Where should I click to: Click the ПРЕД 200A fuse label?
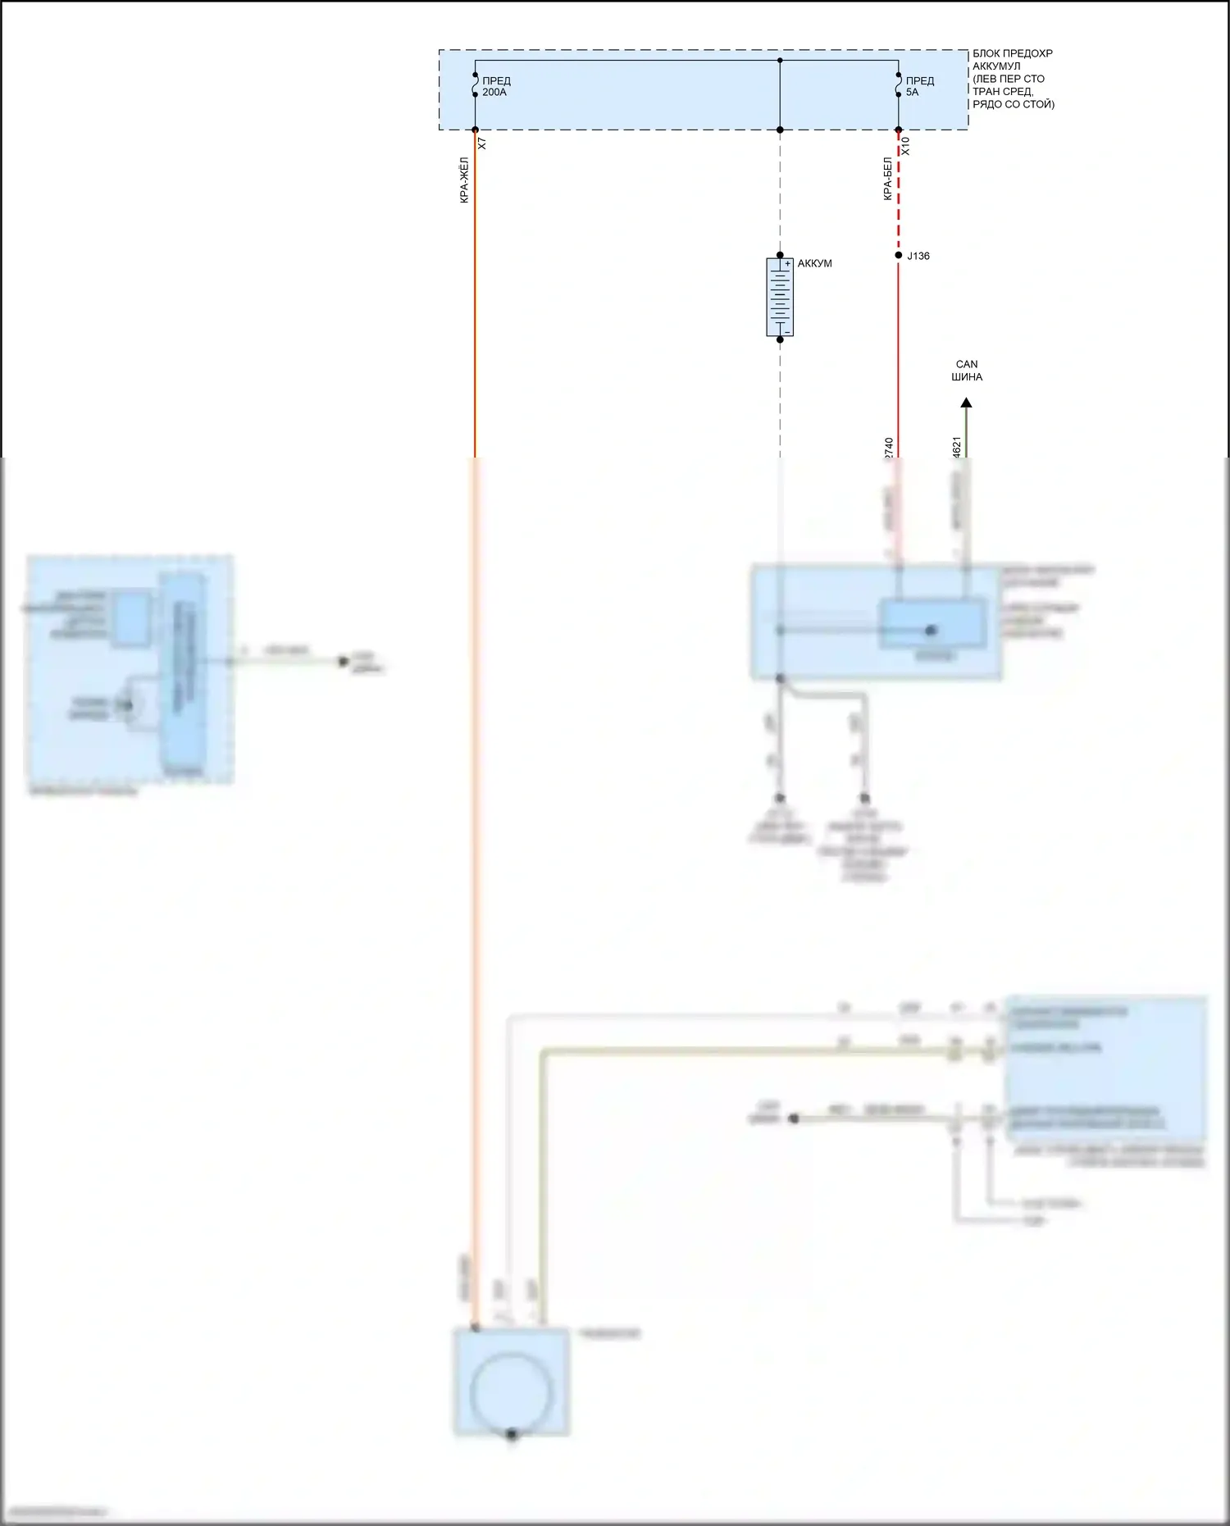tap(495, 87)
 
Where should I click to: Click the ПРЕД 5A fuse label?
tap(919, 87)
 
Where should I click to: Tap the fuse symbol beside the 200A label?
tap(476, 85)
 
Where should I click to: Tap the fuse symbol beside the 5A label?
tap(899, 85)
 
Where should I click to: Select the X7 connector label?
tap(482, 143)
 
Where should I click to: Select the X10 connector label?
tap(905, 146)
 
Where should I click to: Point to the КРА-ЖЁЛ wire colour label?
tap(464, 180)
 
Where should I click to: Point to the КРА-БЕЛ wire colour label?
tap(887, 179)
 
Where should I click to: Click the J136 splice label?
tap(918, 256)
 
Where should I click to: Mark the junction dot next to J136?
tap(899, 256)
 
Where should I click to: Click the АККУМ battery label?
tap(814, 263)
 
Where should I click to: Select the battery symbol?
tap(780, 297)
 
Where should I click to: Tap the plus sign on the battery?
tap(787, 264)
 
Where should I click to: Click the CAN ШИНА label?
tap(967, 371)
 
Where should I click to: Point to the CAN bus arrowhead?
tap(967, 403)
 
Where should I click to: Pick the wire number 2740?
tap(889, 448)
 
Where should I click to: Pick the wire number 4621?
tap(957, 448)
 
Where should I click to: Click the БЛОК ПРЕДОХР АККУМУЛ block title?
tap(1013, 79)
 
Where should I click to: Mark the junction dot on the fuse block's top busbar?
tap(780, 60)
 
